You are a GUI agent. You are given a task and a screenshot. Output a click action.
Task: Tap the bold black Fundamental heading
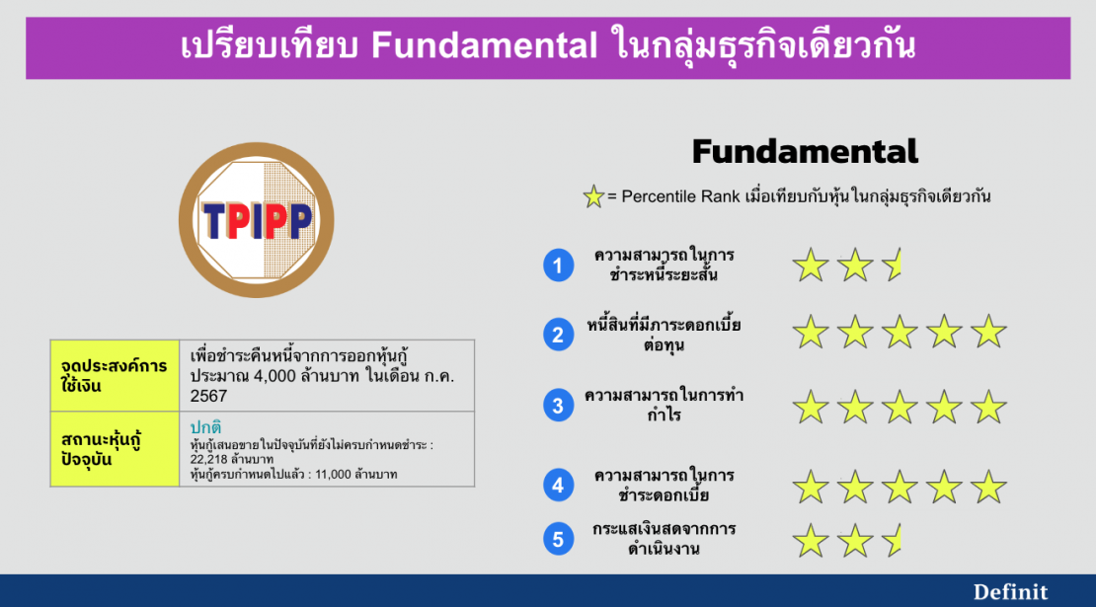pyautogui.click(x=805, y=152)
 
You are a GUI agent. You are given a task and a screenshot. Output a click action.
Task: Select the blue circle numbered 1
pyautogui.click(x=558, y=266)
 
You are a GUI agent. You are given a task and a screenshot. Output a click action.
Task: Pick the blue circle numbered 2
pyautogui.click(x=558, y=335)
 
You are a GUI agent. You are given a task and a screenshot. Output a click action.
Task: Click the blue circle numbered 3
pyautogui.click(x=558, y=405)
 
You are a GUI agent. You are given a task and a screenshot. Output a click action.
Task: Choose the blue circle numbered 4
pyautogui.click(x=558, y=485)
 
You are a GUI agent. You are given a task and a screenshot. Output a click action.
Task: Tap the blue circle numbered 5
pyautogui.click(x=558, y=539)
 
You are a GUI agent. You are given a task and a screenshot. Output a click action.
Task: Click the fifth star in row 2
pyautogui.click(x=987, y=333)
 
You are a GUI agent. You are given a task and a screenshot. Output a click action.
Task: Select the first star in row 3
pyautogui.click(x=811, y=406)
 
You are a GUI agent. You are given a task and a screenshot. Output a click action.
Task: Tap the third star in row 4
pyautogui.click(x=899, y=487)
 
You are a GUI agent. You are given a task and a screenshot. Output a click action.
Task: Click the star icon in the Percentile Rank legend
pyautogui.click(x=593, y=197)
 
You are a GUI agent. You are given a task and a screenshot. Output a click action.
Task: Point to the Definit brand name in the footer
pyautogui.click(x=1010, y=591)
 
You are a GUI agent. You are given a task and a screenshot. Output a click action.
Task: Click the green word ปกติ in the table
pyautogui.click(x=205, y=427)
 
